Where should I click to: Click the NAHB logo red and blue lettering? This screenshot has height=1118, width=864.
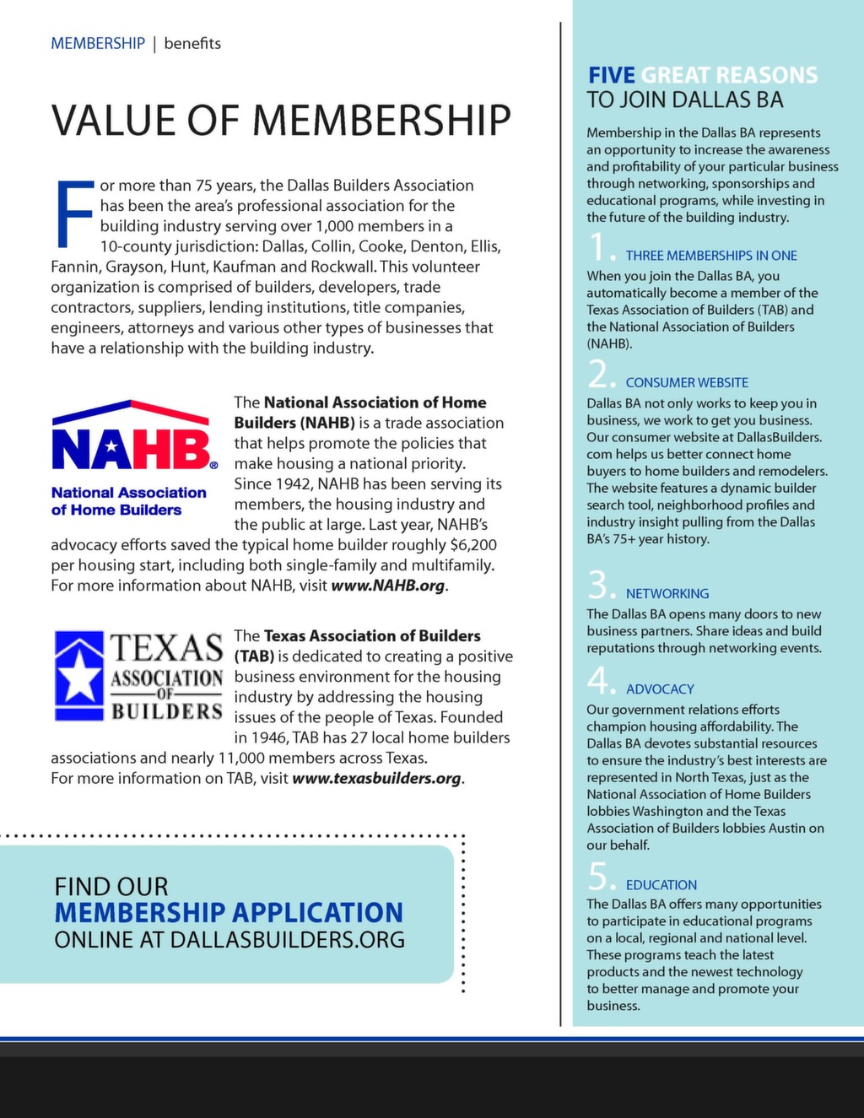(132, 451)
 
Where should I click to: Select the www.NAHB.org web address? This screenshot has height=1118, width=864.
(387, 586)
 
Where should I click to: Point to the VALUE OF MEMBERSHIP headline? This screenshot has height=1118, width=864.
(281, 120)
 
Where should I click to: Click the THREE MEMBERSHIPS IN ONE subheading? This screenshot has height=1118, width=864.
(710, 256)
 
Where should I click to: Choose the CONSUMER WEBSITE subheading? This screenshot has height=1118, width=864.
(686, 382)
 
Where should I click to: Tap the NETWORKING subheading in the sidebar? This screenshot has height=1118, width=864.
(667, 593)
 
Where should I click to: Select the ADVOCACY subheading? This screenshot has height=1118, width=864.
(659, 689)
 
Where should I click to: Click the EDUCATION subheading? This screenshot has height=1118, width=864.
(661, 884)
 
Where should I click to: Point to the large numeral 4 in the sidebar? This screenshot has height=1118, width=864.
(598, 680)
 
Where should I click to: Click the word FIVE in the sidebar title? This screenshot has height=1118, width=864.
(611, 75)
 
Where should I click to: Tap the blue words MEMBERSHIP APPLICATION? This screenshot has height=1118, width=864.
(229, 912)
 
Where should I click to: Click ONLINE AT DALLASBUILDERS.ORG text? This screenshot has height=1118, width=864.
(229, 940)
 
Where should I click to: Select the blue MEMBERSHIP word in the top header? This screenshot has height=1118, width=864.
(98, 43)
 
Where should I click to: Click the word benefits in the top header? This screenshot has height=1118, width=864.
(192, 43)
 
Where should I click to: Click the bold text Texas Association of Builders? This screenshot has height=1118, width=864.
(372, 636)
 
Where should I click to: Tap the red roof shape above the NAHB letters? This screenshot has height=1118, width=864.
(131, 411)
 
